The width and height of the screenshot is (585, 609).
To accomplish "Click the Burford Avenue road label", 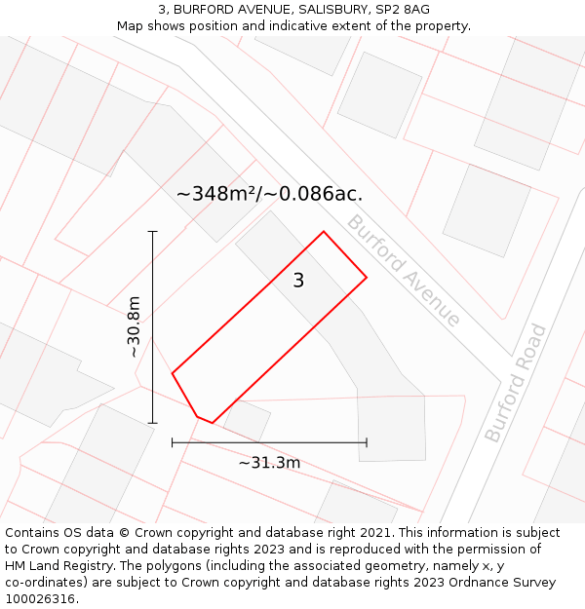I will (x=403, y=270).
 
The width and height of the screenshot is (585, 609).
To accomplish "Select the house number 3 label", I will (x=298, y=281).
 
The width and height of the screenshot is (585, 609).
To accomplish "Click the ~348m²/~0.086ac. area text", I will (x=269, y=194).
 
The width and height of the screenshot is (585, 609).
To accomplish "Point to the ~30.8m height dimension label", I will (x=134, y=326).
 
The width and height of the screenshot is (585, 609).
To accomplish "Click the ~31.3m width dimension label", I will (x=269, y=463).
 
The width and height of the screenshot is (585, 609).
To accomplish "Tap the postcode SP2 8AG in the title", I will (x=404, y=9).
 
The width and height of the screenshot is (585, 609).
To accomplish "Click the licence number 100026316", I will (x=42, y=599).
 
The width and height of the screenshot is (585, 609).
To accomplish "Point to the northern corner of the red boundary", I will (x=324, y=232).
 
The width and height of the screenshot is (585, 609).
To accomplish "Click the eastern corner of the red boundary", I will (x=367, y=278).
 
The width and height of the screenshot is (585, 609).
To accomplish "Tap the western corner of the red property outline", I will (x=173, y=373).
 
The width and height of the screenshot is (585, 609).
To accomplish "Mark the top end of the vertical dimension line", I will (x=152, y=232).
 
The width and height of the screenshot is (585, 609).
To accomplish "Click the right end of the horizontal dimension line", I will (x=367, y=442).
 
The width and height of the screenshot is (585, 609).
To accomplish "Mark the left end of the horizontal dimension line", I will (x=173, y=442).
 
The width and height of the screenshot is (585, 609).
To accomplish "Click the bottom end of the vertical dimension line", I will (x=152, y=423).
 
